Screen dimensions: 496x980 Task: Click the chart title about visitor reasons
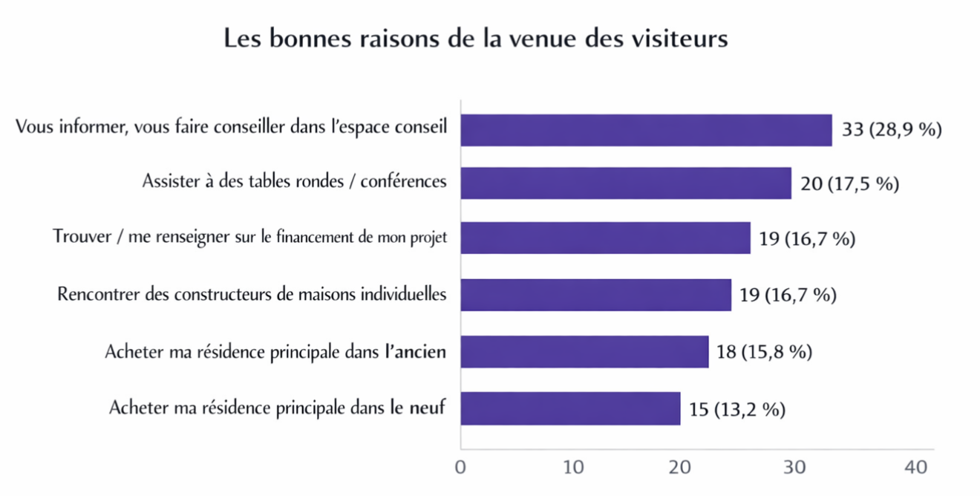tap(476, 39)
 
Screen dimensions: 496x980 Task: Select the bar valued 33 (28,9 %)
tap(646, 130)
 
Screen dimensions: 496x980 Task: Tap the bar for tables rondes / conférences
tap(626, 183)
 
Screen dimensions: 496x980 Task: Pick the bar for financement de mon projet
tap(605, 238)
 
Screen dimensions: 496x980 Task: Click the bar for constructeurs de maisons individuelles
tap(595, 295)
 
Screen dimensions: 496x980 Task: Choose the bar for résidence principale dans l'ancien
tap(584, 351)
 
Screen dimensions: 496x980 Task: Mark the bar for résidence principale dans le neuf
tap(570, 408)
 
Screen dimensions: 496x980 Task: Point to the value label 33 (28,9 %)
tap(892, 130)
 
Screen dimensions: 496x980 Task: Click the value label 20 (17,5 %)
tap(849, 183)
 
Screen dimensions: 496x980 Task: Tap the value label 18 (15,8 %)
tap(764, 351)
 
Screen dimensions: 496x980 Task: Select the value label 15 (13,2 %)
tap(736, 408)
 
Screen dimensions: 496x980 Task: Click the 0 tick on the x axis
tap(460, 468)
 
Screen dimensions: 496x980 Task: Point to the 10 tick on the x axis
tap(573, 468)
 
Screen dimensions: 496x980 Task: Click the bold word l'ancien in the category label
tap(415, 351)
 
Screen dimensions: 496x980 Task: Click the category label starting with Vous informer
tap(231, 127)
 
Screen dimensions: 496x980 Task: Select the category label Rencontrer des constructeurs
tap(252, 295)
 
